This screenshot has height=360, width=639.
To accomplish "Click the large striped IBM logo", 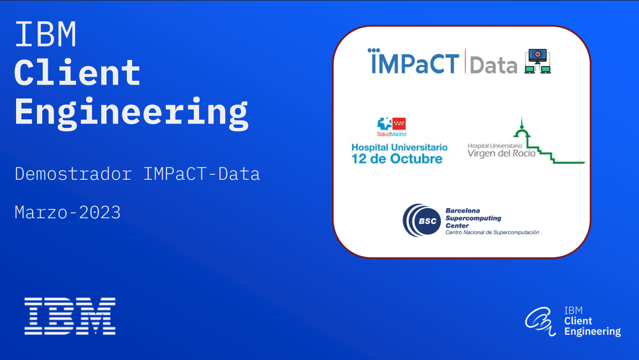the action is pos(70,316).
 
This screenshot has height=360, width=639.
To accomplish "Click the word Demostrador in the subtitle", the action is pos(73,174).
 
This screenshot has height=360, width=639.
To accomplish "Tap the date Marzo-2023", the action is pos(67,212).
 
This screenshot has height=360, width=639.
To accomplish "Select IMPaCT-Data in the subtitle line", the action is pos(201,174).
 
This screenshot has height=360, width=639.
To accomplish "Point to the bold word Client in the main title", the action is pos(78,73).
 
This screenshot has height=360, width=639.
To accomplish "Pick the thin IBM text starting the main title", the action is pos(45,34).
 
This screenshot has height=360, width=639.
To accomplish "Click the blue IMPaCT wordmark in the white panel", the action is pos(414,62).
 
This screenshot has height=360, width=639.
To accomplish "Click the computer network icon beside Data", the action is pos(538,61).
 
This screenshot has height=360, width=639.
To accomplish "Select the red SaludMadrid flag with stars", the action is pos(399,124).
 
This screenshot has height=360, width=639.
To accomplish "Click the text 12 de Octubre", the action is pos(397,159).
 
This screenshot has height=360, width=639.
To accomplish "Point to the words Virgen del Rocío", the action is pos(501,154).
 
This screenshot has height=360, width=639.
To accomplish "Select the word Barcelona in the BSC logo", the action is pos(462,211).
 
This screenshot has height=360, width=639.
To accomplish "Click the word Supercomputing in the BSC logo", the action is pos(473,218).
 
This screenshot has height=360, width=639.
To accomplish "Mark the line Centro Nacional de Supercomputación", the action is pos(492,233).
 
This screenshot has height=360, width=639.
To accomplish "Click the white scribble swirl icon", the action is pos(541,321).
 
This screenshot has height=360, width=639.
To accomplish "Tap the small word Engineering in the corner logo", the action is pos(592,332).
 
